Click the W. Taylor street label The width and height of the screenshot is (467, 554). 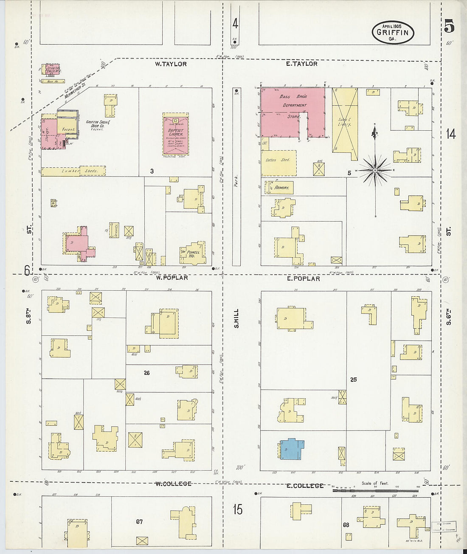[171, 64]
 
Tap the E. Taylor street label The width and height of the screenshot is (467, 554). [301, 64]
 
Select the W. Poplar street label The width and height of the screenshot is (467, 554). [172, 278]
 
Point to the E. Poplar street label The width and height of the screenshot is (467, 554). [303, 278]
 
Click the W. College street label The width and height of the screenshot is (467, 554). [173, 484]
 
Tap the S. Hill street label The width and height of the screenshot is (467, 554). [236, 318]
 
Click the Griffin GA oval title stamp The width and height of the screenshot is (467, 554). [393, 32]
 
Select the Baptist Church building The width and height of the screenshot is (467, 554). [175, 134]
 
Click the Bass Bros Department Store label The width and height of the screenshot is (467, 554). [293, 106]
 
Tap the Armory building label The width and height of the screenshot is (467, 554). [281, 187]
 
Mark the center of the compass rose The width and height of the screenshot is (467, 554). [375, 171]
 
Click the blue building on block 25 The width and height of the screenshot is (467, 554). [292, 448]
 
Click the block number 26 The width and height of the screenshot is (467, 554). [146, 373]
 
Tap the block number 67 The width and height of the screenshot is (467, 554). [139, 522]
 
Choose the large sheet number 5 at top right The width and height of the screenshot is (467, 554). [449, 26]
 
